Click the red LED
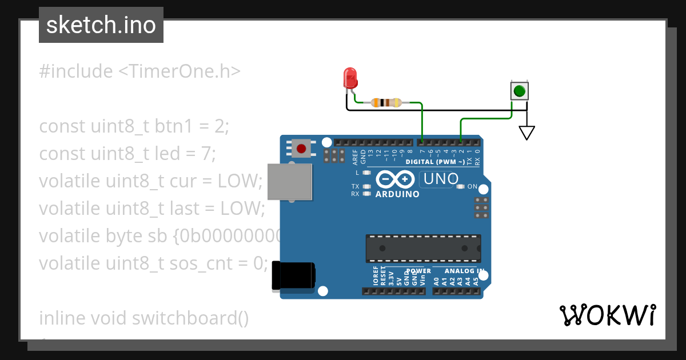350,78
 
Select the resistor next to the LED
386,103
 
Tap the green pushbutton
519,91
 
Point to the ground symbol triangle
527,133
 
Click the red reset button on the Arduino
301,149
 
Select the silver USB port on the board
290,182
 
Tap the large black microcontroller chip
423,249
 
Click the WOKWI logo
607,315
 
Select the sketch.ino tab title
101,25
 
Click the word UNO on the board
439,179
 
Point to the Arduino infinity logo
396,180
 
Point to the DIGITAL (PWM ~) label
434,162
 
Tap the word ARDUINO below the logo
397,194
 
